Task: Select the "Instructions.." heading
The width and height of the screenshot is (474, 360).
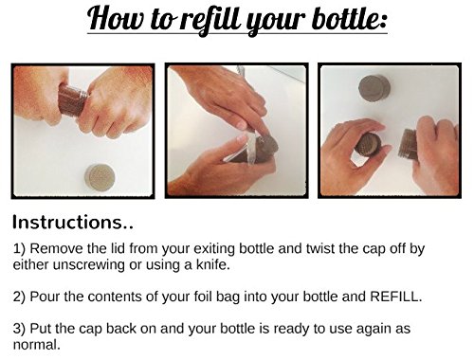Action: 73,222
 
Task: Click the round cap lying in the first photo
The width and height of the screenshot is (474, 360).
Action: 100,178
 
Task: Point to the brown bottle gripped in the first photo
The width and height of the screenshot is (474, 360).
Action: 72,100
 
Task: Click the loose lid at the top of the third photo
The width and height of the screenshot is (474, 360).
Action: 374,88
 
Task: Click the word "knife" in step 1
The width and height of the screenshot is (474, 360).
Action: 212,264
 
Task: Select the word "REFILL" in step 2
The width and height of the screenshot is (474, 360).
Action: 394,297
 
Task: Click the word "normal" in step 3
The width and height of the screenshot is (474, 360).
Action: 35,344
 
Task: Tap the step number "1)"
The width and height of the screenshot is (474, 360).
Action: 20,248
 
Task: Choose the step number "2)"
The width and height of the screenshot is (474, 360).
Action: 20,297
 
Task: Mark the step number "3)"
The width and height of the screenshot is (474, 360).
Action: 20,329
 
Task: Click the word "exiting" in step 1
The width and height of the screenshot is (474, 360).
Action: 214,249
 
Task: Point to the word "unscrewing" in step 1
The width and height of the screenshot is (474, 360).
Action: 88,265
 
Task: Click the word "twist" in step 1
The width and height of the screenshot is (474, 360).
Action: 319,248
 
